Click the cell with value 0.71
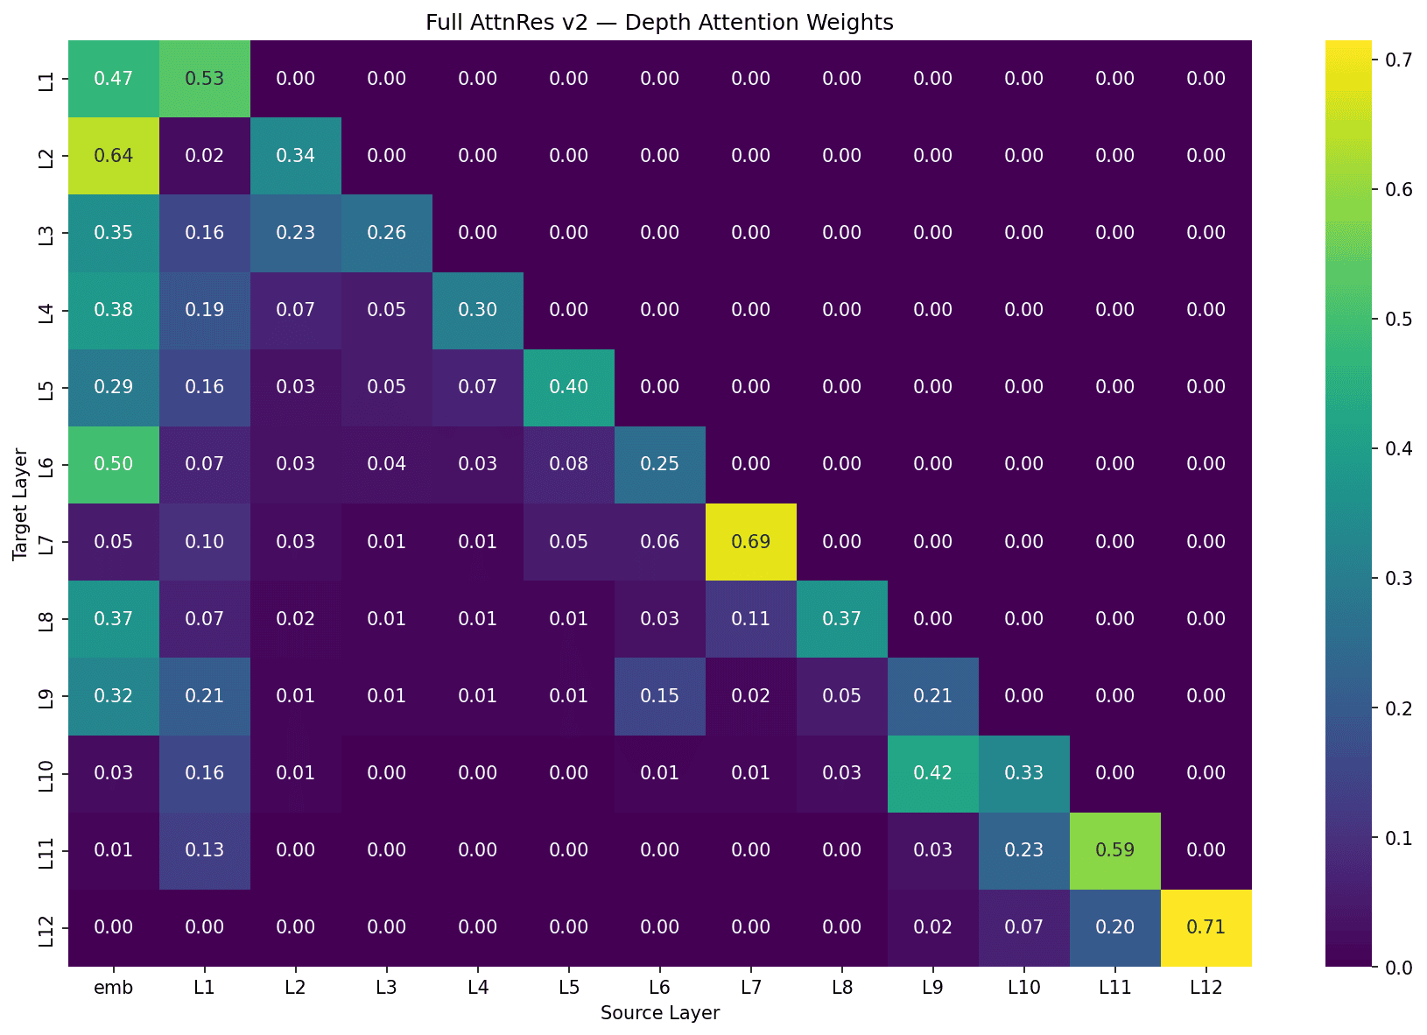point(1206,927)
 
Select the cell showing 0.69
point(751,542)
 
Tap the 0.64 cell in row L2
point(114,156)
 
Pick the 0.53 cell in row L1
point(205,79)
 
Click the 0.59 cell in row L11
point(1114,850)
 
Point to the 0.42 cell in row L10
point(932,773)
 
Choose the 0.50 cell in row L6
point(114,464)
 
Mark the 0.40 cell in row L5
point(569,387)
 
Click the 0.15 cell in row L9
point(660,696)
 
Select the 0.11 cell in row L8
point(751,619)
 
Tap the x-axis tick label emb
point(114,988)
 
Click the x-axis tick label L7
point(751,988)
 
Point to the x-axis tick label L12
point(1206,988)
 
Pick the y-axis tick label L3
point(47,233)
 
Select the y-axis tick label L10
point(47,773)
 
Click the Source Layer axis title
point(660,1013)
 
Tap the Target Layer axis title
point(21,503)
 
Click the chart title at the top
point(659,22)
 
